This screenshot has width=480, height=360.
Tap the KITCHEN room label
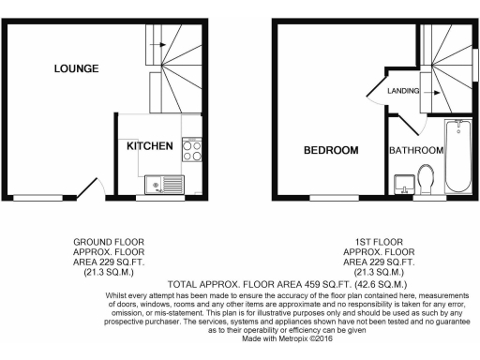tap(150, 146)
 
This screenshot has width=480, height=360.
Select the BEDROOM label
tap(330, 150)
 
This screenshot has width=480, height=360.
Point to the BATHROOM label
tap(415, 150)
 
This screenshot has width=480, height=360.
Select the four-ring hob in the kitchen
tap(191, 150)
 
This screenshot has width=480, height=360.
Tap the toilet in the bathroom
tap(427, 177)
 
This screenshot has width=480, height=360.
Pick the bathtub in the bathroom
tap(459, 156)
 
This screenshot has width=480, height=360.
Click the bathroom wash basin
tap(405, 180)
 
